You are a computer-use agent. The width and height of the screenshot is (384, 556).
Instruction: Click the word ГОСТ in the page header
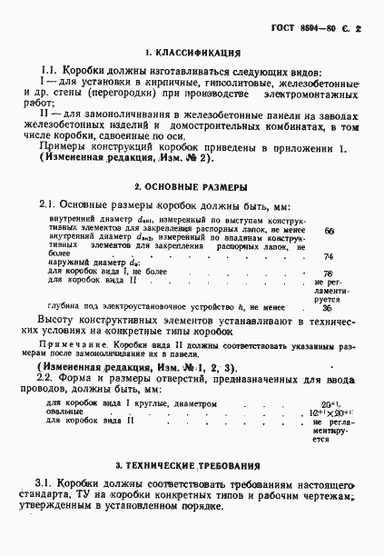284,29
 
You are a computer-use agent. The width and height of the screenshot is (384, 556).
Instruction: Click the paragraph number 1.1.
52,72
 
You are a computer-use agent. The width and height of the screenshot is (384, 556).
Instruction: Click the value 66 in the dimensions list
329,231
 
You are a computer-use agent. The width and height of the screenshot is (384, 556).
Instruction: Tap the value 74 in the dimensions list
329,256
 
